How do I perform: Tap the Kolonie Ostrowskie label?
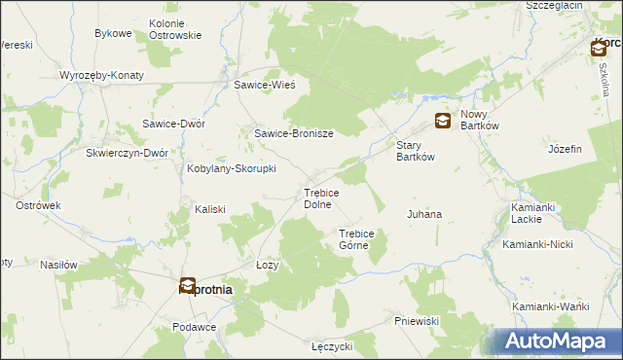(x=175, y=29)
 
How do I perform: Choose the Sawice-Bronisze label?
(x=294, y=134)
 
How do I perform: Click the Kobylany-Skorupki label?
(x=231, y=168)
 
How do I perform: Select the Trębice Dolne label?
(x=321, y=198)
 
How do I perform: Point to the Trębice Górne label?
(x=363, y=239)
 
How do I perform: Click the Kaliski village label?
(x=210, y=209)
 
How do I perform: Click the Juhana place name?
(x=423, y=214)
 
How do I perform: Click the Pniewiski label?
(x=420, y=321)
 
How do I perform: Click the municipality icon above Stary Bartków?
(x=442, y=121)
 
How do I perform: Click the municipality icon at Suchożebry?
(x=188, y=285)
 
